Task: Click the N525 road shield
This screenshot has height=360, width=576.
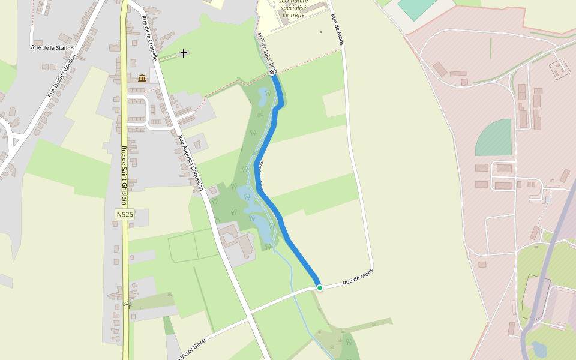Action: click(125, 214)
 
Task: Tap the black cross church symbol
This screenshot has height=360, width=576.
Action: click(184, 53)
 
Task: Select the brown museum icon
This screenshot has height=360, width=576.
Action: click(142, 78)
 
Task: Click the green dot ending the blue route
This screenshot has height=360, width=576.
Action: click(320, 288)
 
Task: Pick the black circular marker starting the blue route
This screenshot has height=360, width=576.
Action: click(272, 72)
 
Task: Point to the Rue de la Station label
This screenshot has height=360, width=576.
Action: click(52, 48)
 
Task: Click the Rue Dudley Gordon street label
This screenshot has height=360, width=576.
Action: click(62, 76)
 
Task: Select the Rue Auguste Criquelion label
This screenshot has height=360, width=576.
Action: click(190, 163)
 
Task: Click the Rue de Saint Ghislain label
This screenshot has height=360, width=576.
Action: click(124, 175)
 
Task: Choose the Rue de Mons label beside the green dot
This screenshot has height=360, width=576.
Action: click(358, 278)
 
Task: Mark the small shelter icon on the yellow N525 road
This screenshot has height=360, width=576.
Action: click(127, 305)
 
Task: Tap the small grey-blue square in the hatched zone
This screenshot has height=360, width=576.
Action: click(548, 199)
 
